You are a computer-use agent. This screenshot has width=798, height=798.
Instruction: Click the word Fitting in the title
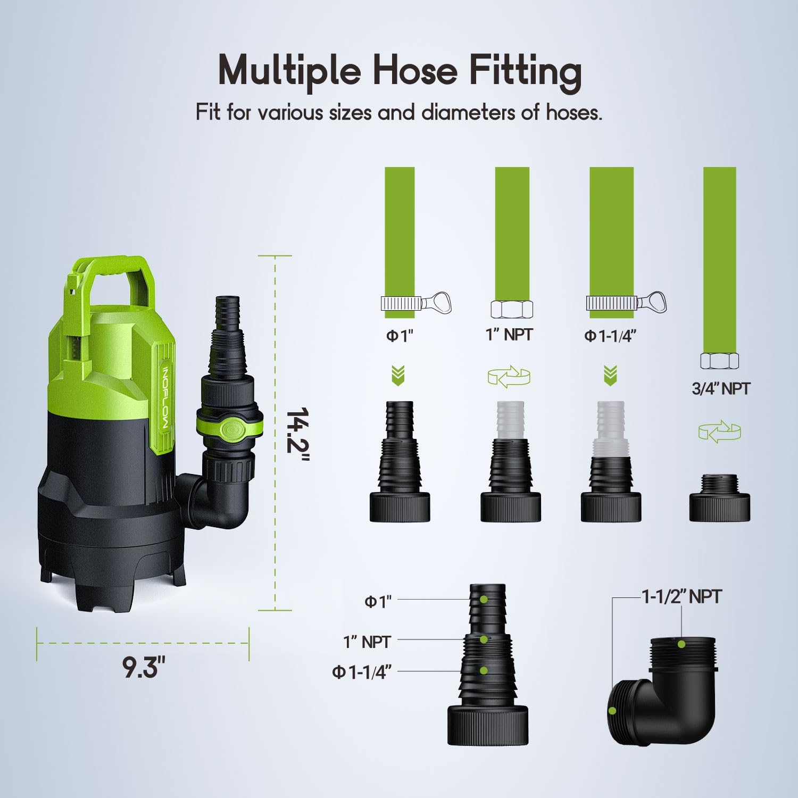[x=525, y=71]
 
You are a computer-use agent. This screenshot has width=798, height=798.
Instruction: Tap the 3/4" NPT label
[x=720, y=389]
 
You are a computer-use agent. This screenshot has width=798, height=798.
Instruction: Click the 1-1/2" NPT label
[x=682, y=597]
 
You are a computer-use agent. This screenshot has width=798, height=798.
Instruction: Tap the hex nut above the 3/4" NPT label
[x=719, y=361]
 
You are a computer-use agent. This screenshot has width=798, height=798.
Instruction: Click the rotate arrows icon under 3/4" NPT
[x=719, y=431]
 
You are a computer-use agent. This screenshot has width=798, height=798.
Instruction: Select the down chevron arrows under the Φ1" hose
[x=398, y=375]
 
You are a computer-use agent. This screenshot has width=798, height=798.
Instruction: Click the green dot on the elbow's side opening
[x=613, y=710]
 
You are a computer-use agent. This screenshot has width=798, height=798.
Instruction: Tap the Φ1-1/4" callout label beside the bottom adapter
[x=362, y=672]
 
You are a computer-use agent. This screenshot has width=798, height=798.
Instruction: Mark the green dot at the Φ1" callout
[x=484, y=599]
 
